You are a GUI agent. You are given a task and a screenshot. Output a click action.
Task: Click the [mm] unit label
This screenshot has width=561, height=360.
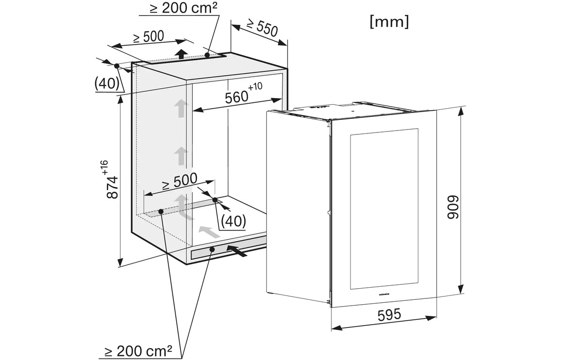coord(389,22)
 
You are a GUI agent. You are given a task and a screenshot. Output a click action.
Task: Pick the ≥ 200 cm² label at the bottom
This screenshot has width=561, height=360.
coord(138,351)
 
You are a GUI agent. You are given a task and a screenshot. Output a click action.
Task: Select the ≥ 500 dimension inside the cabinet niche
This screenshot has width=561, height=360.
coord(180,181)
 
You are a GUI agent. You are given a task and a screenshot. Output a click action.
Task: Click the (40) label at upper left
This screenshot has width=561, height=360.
coord(107,83)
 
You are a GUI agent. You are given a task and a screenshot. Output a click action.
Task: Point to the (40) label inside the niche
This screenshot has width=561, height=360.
coord(233,221)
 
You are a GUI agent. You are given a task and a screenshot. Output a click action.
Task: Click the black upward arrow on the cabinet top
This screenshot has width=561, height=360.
coord(181,53)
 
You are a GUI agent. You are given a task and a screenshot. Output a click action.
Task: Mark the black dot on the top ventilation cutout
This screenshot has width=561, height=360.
coord(207,56)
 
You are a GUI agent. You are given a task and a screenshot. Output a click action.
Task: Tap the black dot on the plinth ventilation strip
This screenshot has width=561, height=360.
coord(213,249)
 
